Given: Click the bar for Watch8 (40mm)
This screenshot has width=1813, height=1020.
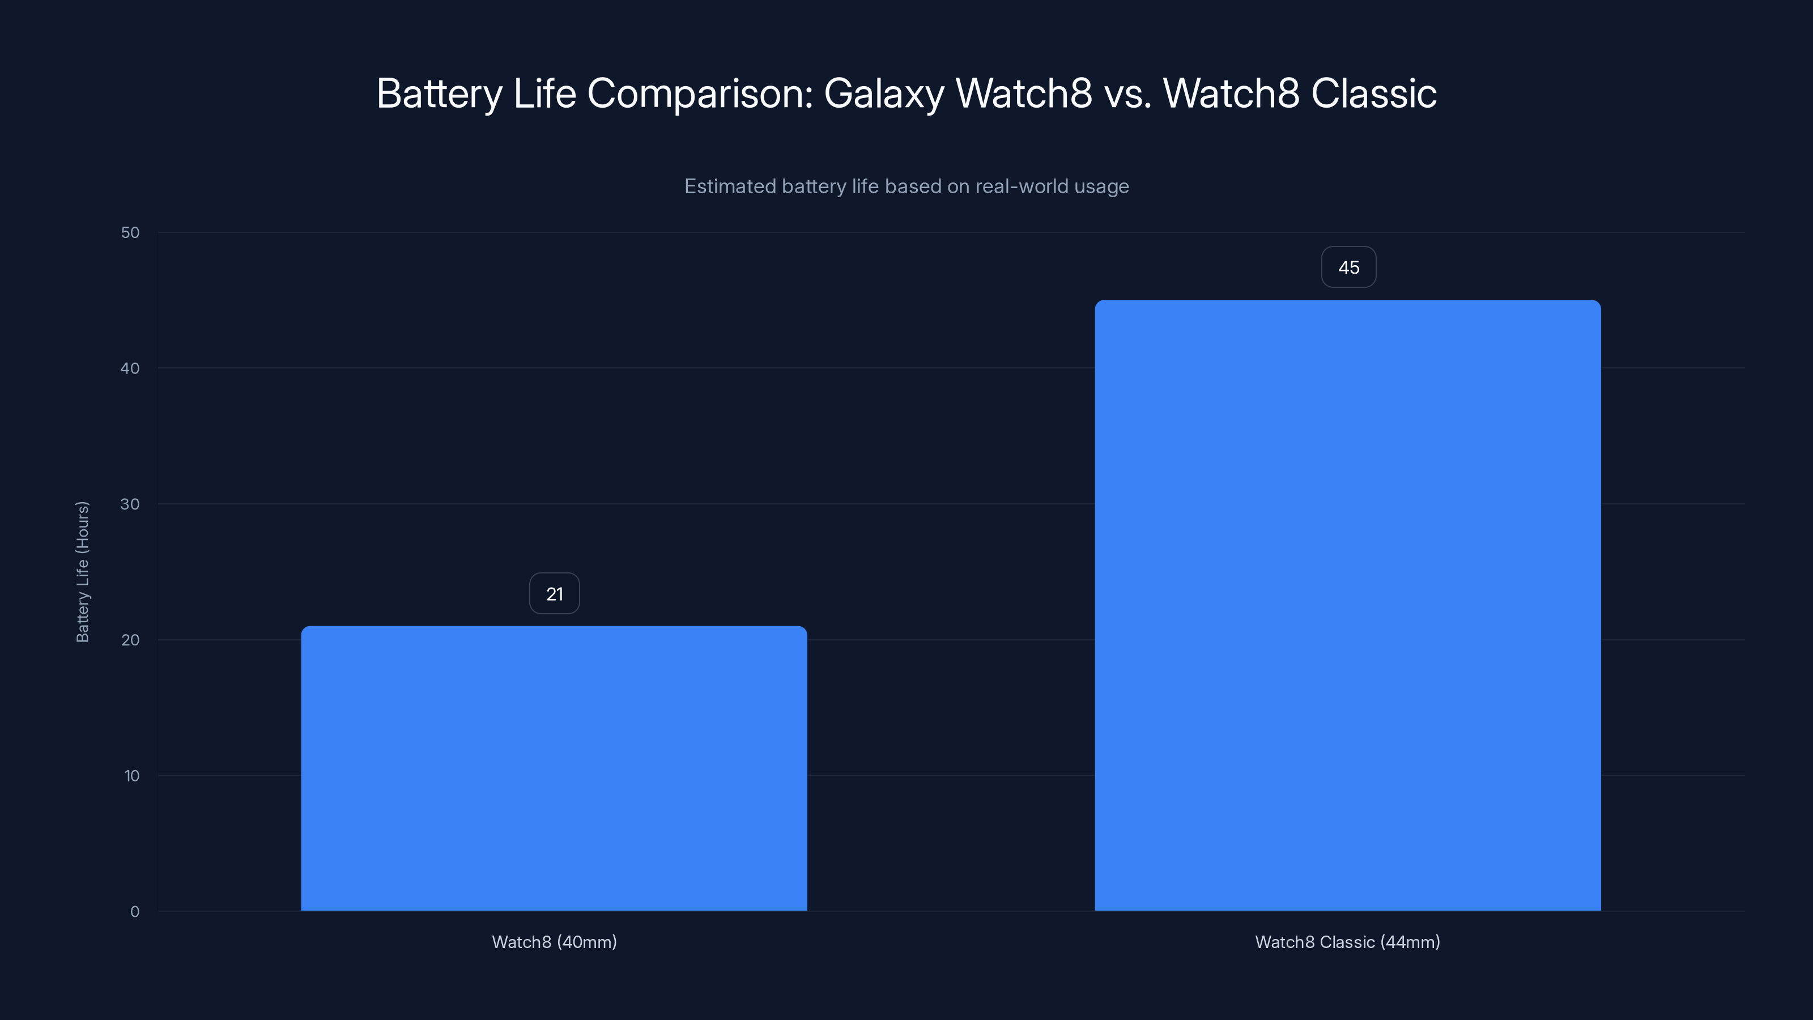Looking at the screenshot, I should (554, 768).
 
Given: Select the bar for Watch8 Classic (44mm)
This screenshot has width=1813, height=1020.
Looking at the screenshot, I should (1348, 605).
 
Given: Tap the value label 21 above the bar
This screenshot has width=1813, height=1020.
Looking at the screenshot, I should (555, 594).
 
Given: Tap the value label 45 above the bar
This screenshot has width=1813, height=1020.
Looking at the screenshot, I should (1348, 267).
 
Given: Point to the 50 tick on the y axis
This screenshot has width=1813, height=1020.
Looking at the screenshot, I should (130, 232).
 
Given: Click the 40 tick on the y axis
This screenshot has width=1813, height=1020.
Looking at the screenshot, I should (130, 368).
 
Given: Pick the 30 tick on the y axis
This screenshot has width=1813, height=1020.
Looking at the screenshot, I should (130, 504).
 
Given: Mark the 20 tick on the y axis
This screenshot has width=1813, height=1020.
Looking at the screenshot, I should (130, 640).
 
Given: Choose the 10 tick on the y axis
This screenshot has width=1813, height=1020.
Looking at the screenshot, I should (131, 776).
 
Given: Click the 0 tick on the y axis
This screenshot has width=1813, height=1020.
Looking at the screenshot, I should (134, 912).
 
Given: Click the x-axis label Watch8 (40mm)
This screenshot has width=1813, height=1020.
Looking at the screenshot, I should (554, 942).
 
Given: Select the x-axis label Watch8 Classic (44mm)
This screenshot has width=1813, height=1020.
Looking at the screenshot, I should (1348, 942).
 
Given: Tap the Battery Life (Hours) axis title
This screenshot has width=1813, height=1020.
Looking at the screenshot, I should (82, 572).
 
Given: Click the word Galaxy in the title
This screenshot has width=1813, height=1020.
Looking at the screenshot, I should (884, 93).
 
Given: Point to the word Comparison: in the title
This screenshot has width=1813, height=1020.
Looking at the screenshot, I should (700, 93).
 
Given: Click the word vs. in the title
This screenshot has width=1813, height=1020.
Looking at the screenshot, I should (1128, 93).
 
